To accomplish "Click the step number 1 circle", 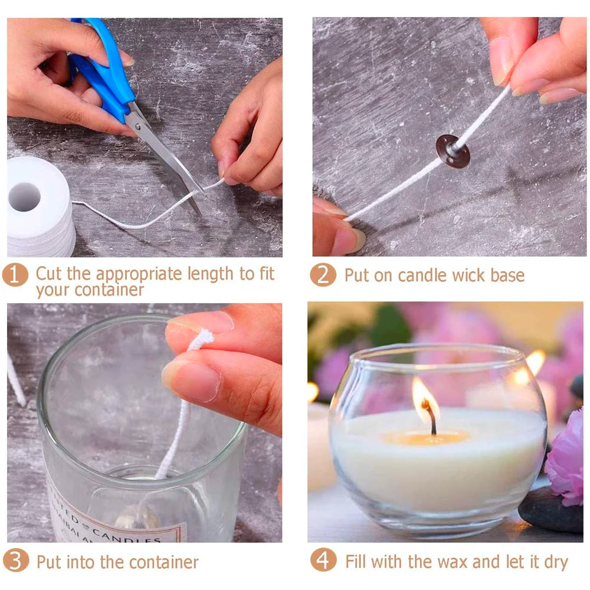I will coord(15,275).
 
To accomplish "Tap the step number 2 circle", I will coord(323,275).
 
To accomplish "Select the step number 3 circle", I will coord(15,560).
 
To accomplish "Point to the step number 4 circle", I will coord(323,560).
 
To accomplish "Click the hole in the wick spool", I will coord(25,197).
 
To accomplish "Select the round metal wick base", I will coord(453,152).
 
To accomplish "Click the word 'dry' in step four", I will coord(555,562).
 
